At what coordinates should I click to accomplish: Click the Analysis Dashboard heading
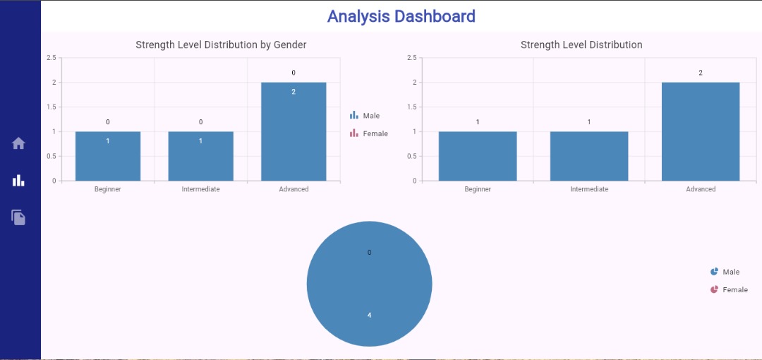[x=401, y=16]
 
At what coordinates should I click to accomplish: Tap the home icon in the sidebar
[x=18, y=143]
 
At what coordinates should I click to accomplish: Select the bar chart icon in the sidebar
[x=18, y=180]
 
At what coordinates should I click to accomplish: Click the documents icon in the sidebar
[x=18, y=217]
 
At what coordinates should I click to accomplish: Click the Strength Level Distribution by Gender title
[x=221, y=44]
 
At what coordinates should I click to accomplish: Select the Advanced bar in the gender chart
[x=294, y=131]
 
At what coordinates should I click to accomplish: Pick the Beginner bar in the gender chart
[x=108, y=156]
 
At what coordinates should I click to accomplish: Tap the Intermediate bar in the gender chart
[x=200, y=156]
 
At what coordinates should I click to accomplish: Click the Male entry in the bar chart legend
[x=365, y=115]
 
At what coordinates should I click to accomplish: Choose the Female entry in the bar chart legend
[x=368, y=133]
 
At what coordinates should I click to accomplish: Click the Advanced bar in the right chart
[x=701, y=131]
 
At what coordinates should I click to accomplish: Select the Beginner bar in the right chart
[x=478, y=156]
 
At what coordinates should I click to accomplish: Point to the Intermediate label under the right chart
[x=589, y=189]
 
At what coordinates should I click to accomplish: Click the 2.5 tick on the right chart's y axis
[x=412, y=57]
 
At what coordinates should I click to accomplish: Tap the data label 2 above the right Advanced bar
[x=701, y=73]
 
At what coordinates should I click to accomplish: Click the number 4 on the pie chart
[x=369, y=315]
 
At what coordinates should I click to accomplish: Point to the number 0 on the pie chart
[x=369, y=252]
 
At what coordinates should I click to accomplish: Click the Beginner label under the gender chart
[x=108, y=189]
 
